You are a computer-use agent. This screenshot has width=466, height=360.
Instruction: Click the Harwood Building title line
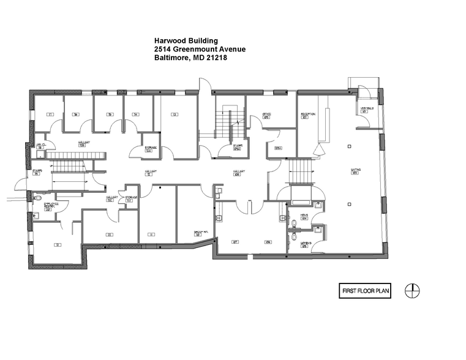[186, 42]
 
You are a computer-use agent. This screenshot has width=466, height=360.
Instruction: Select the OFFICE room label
[267, 114]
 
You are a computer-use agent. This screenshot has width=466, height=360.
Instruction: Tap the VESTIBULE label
[364, 110]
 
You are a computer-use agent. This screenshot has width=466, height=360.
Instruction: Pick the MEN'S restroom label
[304, 216]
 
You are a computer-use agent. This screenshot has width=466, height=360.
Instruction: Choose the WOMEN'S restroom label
[304, 244]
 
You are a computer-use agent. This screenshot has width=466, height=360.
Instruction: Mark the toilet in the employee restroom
[36, 215]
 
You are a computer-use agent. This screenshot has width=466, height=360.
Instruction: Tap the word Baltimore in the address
[172, 59]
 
